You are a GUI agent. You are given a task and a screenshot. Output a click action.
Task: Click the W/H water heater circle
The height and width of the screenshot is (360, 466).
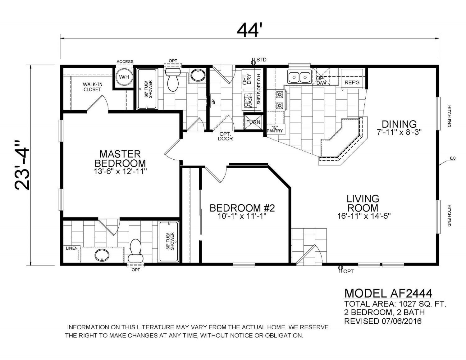pos(124,77)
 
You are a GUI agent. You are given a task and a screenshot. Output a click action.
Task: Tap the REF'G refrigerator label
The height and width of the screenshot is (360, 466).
pos(352,82)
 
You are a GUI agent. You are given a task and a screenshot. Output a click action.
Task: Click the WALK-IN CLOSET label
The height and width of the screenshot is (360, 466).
pos(93,87)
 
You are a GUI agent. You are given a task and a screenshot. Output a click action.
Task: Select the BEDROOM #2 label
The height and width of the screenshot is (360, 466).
pos(242,208)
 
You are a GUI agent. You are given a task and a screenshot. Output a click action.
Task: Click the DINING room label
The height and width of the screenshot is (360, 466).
pos(399,124)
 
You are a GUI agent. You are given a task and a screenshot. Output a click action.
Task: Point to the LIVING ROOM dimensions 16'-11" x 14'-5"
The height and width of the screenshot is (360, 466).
pos(364,216)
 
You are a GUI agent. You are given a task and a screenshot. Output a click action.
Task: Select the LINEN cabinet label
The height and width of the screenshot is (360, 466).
pos(72,248)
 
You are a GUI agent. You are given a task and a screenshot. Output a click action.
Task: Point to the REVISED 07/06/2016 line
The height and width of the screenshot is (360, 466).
pos(383,321)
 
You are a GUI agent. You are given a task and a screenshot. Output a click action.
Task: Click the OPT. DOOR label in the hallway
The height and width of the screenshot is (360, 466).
pos(225,136)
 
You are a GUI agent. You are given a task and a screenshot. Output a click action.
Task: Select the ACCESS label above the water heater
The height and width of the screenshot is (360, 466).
pos(125,62)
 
